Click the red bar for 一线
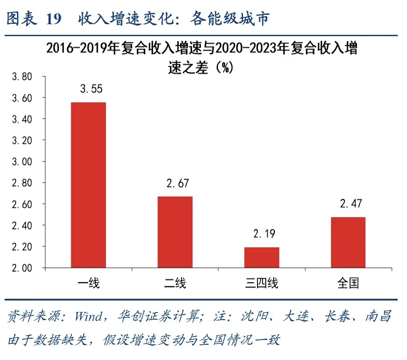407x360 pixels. click(88, 185)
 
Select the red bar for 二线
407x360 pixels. click(175, 232)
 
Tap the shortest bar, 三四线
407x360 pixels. click(262, 257)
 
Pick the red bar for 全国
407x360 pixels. click(348, 242)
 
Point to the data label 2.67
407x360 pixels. click(178, 184)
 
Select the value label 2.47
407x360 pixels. click(351, 204)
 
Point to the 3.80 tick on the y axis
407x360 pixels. click(22, 77)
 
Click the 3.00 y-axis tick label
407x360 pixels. click(22, 162)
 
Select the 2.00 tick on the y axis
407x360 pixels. click(22, 268)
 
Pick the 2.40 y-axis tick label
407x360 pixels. click(22, 225)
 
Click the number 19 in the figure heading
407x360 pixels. click(53, 19)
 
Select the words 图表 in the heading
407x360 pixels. click(21, 19)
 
